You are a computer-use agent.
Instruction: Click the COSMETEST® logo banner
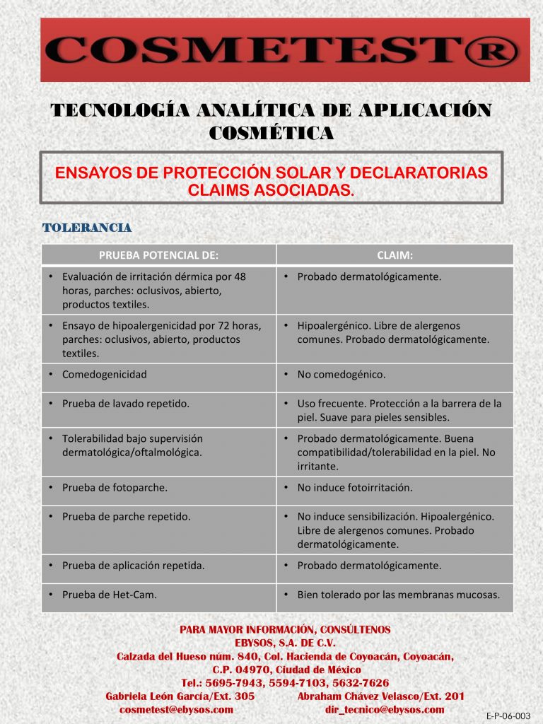[x=285, y=49]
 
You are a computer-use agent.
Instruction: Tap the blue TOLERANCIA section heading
[x=87, y=228]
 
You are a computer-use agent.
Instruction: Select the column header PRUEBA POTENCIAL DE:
[x=158, y=255]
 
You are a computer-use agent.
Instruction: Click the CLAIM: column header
[x=395, y=255]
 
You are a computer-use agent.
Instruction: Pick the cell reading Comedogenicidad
[x=105, y=375]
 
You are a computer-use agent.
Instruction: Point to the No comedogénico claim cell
[x=341, y=375]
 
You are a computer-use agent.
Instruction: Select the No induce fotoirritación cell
[x=354, y=487]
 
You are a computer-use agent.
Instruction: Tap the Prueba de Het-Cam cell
[x=110, y=595]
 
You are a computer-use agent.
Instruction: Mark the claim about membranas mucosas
[x=398, y=595]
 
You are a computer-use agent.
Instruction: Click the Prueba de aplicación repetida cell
[x=133, y=566]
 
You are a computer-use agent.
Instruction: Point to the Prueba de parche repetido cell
[x=126, y=516]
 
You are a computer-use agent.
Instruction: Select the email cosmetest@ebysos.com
[x=176, y=709]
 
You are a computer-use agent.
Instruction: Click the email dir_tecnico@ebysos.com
[x=385, y=709]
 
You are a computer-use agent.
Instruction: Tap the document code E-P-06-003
[x=508, y=716]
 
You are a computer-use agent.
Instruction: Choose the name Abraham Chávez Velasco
[x=359, y=696]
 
